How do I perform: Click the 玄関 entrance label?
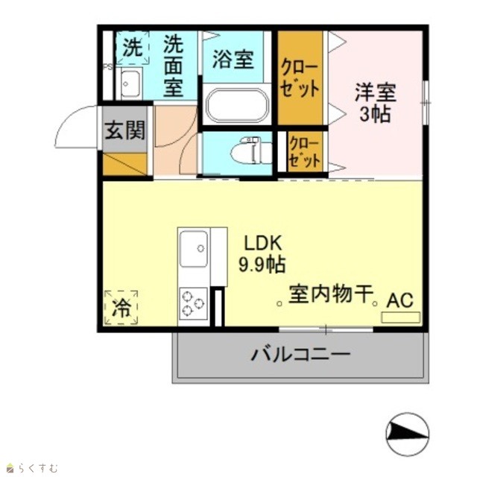point(124,130)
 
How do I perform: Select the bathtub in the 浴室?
point(237,105)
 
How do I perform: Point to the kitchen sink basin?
point(194,248)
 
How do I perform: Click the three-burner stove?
point(193,303)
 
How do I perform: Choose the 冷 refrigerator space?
point(121,307)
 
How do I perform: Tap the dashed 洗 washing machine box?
point(133,48)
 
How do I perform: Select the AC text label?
point(399,300)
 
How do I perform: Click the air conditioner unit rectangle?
point(401,318)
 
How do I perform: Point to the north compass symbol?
point(408,434)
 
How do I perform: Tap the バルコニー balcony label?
point(300,354)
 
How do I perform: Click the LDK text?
point(263,243)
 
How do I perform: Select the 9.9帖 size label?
point(262,264)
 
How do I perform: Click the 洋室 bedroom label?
point(376,92)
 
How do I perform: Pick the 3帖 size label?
point(376,114)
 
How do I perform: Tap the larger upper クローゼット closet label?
point(300,78)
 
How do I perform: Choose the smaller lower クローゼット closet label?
point(305,152)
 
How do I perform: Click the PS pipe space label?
point(107,67)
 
